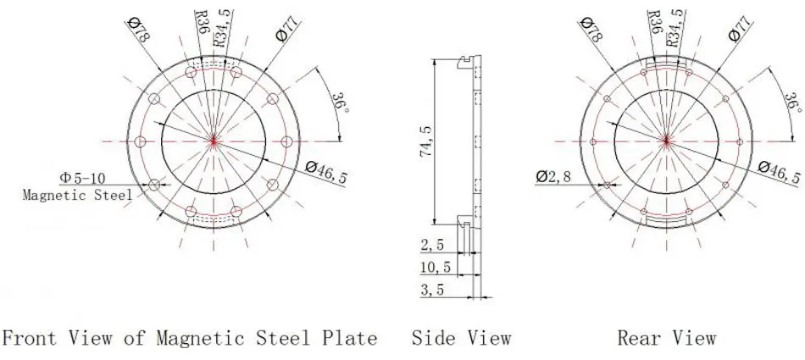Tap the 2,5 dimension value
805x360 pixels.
(x=432, y=245)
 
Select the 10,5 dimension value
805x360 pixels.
(x=436, y=268)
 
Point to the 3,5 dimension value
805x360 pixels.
(x=432, y=290)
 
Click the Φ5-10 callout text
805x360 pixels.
(x=82, y=178)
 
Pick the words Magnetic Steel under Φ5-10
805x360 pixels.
(x=77, y=195)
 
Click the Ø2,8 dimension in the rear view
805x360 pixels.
(x=552, y=176)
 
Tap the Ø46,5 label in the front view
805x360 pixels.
(x=325, y=171)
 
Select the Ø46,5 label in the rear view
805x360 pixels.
(x=778, y=171)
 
